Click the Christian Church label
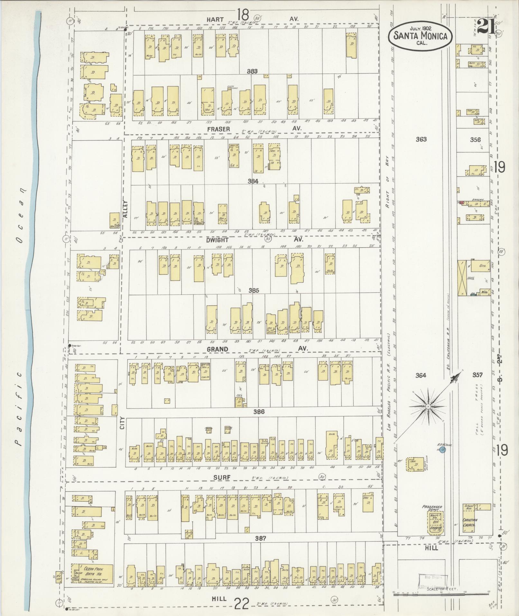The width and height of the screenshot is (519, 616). click(x=470, y=523)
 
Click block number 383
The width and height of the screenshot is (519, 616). click(x=252, y=71)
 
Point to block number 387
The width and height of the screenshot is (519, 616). click(x=260, y=538)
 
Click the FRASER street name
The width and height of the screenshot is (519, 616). click(x=218, y=129)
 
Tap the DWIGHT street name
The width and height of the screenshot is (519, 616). click(x=218, y=240)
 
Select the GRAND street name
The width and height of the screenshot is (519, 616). click(x=218, y=349)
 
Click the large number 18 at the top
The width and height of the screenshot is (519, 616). click(x=243, y=15)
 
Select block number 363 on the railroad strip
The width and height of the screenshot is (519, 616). click(x=421, y=139)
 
